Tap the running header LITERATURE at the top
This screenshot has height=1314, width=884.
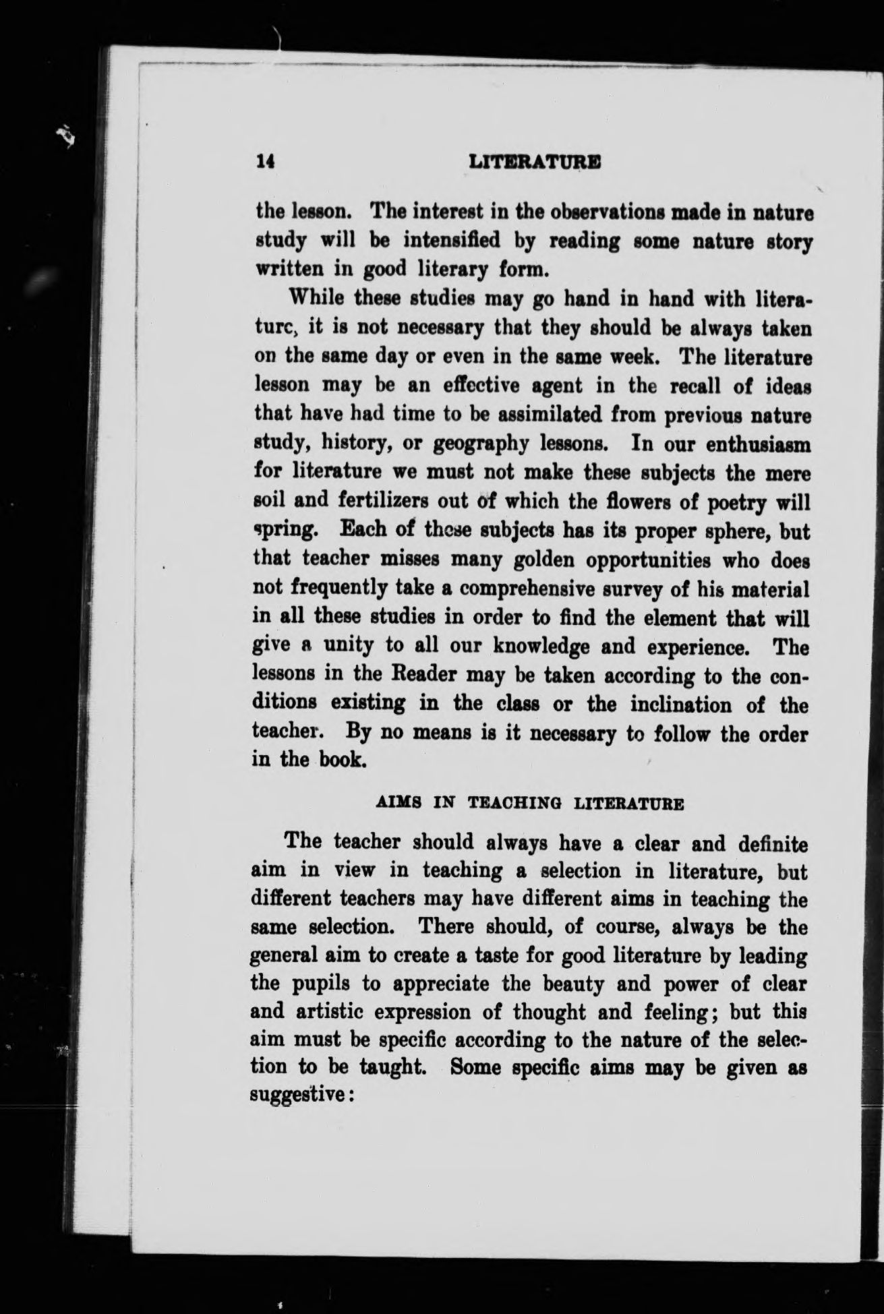[x=535, y=162]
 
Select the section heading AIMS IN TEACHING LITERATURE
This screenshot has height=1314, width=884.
[x=529, y=804]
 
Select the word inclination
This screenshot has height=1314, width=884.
[x=679, y=705]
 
